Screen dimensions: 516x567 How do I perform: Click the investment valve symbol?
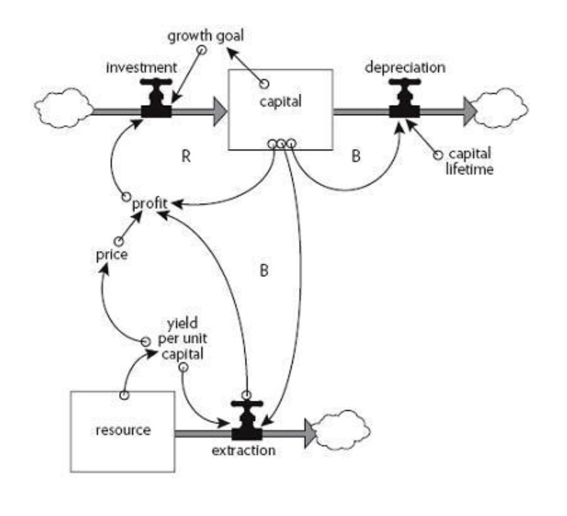click(156, 99)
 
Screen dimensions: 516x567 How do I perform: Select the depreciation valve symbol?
click(404, 99)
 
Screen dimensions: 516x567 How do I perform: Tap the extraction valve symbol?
click(247, 422)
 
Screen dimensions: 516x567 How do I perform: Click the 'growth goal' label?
click(206, 36)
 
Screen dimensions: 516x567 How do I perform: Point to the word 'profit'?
click(150, 204)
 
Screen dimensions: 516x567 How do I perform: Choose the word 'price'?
click(112, 255)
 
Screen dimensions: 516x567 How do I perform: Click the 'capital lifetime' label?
click(470, 161)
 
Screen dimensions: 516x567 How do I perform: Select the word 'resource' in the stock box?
click(123, 430)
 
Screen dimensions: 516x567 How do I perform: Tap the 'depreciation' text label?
click(405, 68)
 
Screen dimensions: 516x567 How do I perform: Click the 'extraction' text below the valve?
click(243, 450)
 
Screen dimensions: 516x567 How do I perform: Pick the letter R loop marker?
click(186, 156)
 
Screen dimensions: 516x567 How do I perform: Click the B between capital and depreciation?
click(356, 156)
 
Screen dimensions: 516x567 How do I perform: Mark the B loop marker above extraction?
click(264, 270)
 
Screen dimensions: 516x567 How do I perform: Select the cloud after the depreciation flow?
click(501, 108)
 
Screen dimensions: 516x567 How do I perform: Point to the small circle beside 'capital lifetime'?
click(438, 155)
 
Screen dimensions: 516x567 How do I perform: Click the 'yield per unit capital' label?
click(183, 339)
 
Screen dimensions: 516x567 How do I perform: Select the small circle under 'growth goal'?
click(202, 50)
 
